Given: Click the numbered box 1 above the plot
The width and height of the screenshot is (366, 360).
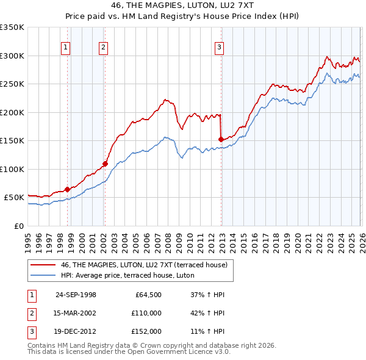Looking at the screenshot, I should coord(65,46).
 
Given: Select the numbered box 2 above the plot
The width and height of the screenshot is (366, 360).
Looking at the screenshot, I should coord(104,46).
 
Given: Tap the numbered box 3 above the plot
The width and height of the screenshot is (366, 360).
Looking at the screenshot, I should coord(219,46).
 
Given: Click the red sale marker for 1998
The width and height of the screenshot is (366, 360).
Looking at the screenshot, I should coord(67,189).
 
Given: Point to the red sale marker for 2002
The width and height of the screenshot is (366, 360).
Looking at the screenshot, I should coord(105,164).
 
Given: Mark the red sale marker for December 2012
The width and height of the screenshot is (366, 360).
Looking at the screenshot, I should coord(220,140).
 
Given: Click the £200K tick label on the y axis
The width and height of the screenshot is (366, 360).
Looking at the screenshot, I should coord(12,112).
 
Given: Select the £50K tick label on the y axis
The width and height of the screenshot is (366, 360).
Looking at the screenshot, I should coord(14,198).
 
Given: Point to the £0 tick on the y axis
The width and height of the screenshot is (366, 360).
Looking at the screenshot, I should coord(19,226).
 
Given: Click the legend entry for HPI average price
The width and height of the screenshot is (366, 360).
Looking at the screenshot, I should coord(127,275).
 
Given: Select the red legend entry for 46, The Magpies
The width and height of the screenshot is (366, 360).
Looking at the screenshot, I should coord(144,265).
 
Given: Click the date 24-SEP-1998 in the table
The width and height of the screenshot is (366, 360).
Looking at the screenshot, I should coord(76,295).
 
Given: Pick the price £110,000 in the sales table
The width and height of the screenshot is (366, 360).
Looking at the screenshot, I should coord(146,313).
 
